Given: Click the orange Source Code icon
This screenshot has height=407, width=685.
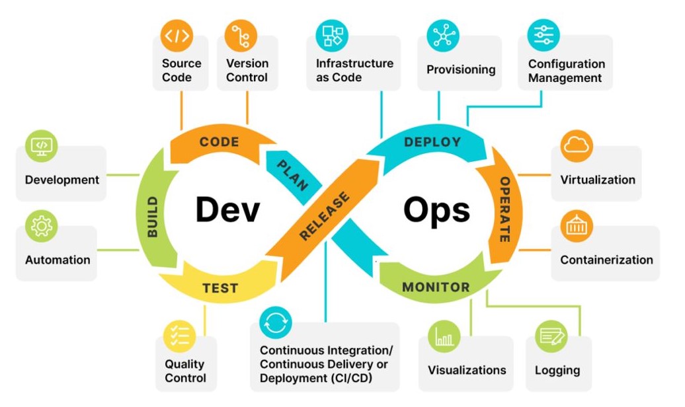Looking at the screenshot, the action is pyautogui.click(x=177, y=36).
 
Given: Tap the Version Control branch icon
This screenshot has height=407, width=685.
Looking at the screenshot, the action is pyautogui.click(x=241, y=36).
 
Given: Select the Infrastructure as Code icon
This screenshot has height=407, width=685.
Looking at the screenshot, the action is pyautogui.click(x=332, y=36).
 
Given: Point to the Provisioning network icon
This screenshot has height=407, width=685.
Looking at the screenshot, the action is pyautogui.click(x=443, y=36).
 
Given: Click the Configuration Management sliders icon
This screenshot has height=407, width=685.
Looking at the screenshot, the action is pyautogui.click(x=544, y=36).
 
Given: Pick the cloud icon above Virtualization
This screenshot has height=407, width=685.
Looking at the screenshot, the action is pyautogui.click(x=577, y=146).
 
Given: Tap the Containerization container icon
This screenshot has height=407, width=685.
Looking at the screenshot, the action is pyautogui.click(x=577, y=226).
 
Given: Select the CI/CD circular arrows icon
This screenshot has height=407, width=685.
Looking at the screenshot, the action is pyautogui.click(x=276, y=322).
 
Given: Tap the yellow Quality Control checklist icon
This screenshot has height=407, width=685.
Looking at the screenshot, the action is pyautogui.click(x=180, y=337).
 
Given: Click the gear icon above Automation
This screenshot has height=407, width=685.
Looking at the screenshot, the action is pyautogui.click(x=42, y=226).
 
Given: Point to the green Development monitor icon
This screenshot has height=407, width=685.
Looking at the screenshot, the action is pyautogui.click(x=42, y=146).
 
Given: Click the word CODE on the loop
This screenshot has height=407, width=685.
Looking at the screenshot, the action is pyautogui.click(x=220, y=142).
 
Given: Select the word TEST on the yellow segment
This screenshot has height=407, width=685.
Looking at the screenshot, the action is pyautogui.click(x=220, y=288).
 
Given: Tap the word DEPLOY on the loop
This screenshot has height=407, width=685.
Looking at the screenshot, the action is pyautogui.click(x=432, y=142).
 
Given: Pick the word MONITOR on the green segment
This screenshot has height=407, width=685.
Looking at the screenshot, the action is pyautogui.click(x=436, y=287).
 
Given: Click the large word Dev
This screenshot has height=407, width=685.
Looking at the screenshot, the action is pyautogui.click(x=227, y=209).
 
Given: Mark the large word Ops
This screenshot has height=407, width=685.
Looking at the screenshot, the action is pyautogui.click(x=436, y=211).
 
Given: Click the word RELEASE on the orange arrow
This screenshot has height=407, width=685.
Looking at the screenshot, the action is pyautogui.click(x=325, y=216).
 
